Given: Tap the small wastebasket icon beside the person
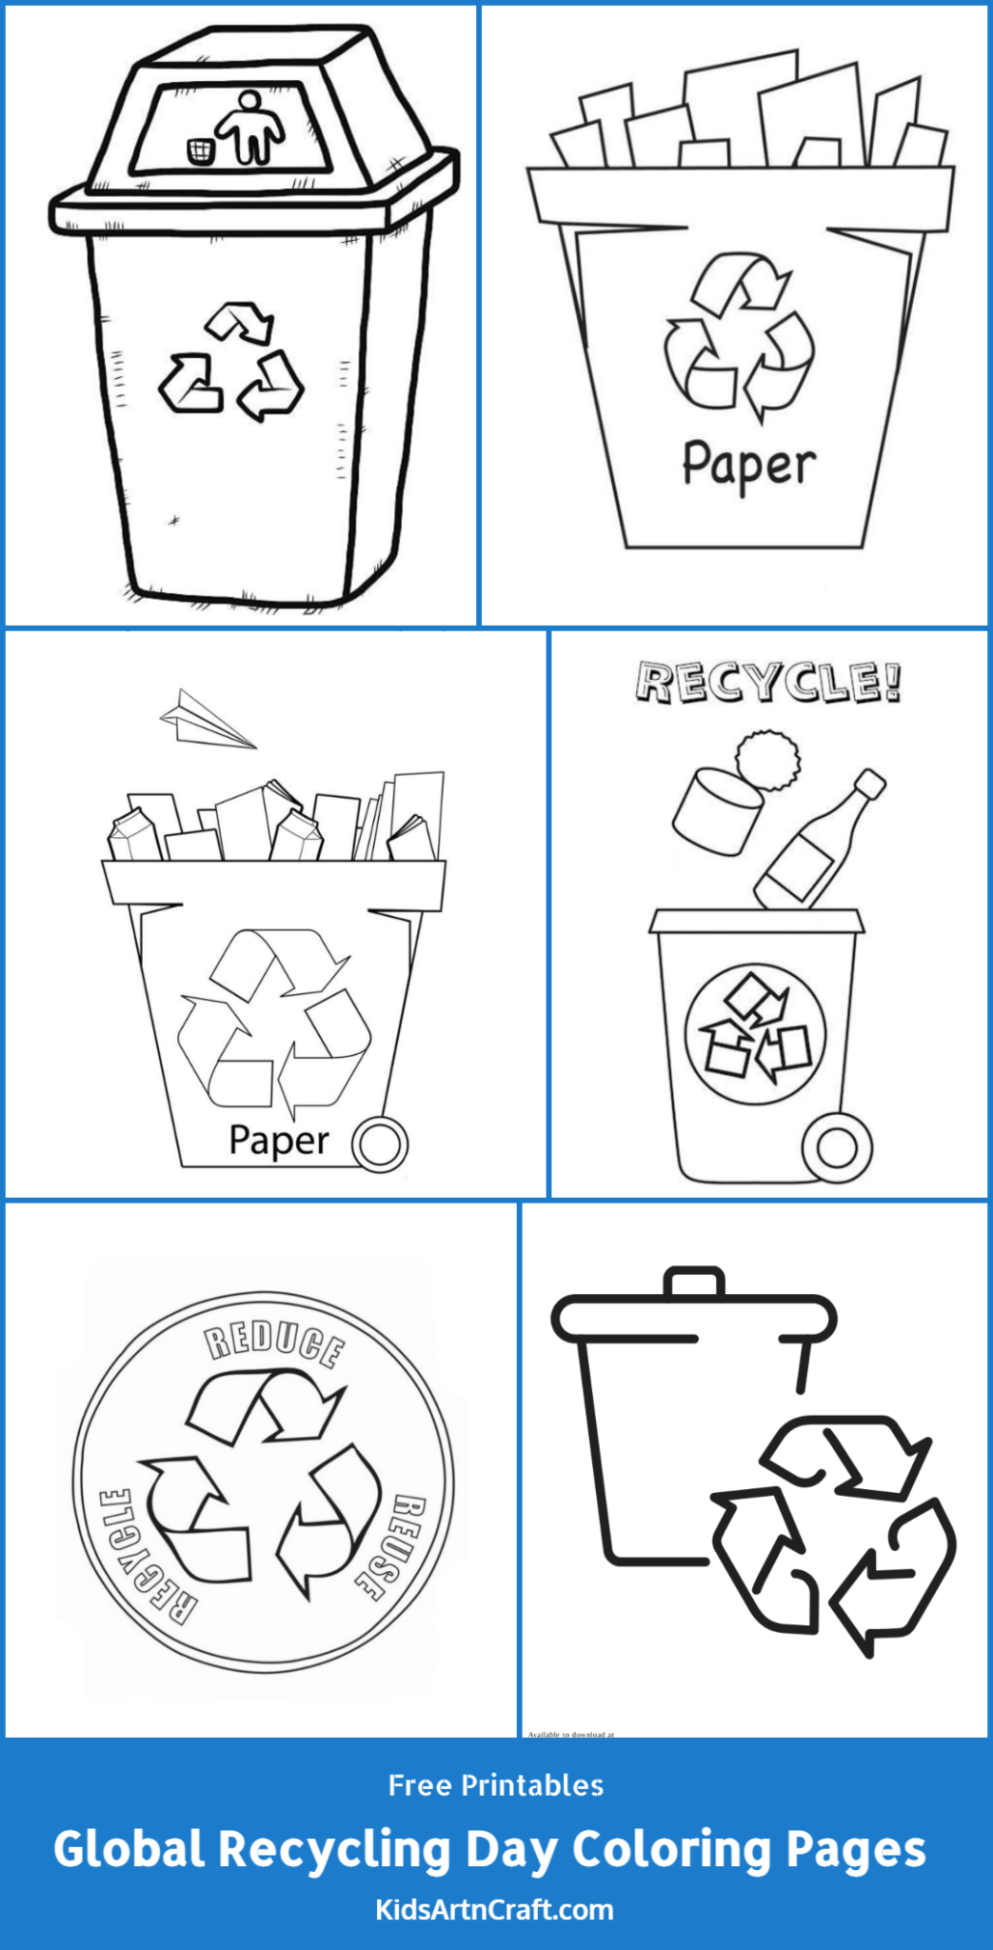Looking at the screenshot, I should (200, 150).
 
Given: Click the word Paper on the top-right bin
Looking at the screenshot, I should (749, 466).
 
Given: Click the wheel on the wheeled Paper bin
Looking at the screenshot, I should (380, 1144).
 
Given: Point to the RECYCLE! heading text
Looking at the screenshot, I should (768, 682).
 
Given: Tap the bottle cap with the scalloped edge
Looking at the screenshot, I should (767, 760).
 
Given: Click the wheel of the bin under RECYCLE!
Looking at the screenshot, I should (837, 1147).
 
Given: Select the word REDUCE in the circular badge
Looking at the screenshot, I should (276, 1341).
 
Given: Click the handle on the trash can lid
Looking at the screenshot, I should (694, 1282).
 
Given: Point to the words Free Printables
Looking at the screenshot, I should (496, 1785).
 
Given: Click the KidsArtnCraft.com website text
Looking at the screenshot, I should (495, 1909).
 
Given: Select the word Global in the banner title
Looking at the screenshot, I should (129, 1849).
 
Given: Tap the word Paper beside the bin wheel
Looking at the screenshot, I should (279, 1140).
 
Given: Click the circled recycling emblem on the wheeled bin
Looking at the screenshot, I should (755, 1033).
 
